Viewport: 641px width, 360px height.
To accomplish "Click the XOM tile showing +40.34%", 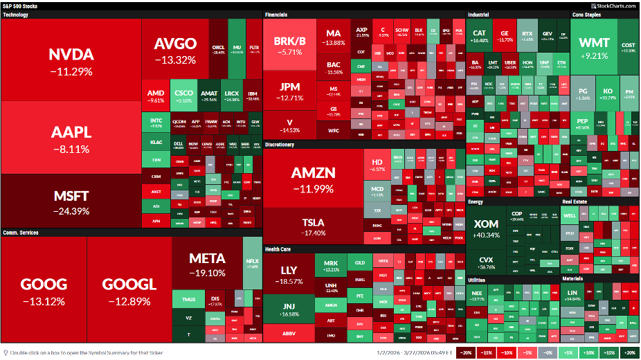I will point(491,228).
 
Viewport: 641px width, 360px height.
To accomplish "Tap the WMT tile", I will point(594,48).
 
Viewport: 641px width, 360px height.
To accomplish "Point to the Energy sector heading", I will point(476,201).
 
